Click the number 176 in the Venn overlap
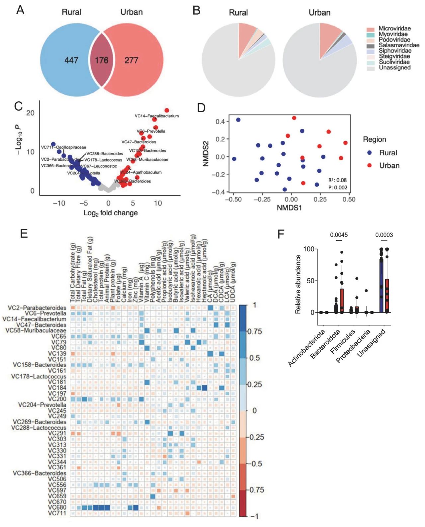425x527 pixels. tap(101, 60)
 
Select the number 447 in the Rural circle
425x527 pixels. tap(71, 60)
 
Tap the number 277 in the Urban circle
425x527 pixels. tap(131, 60)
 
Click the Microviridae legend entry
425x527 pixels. tap(394, 29)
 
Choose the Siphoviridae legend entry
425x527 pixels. tap(395, 51)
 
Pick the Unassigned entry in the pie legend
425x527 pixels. tap(394, 68)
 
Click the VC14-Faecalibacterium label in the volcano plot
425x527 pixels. tap(157, 116)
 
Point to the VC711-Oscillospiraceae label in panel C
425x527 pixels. tap(63, 147)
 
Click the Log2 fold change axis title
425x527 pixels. tap(110, 213)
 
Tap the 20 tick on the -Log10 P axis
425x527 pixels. tap(30, 113)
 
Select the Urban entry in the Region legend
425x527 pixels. tap(389, 165)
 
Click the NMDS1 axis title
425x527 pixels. tap(289, 208)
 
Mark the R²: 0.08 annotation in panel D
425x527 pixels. tap(337, 180)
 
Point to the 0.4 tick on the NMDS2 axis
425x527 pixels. tap(220, 122)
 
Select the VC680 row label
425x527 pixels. tap(57, 507)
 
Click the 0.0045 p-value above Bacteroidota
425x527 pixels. tap(339, 235)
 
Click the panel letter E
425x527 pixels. tap(24, 233)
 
